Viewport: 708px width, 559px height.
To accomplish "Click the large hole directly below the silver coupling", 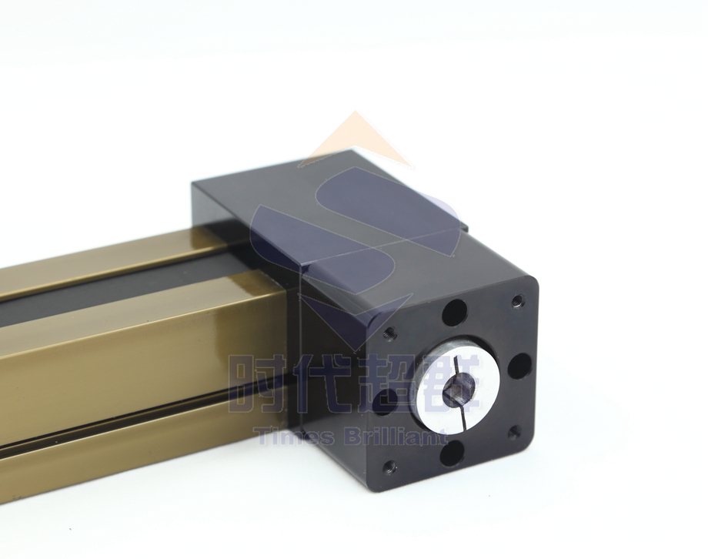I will (452, 452).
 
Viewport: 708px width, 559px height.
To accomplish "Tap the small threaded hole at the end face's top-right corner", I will (518, 300).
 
